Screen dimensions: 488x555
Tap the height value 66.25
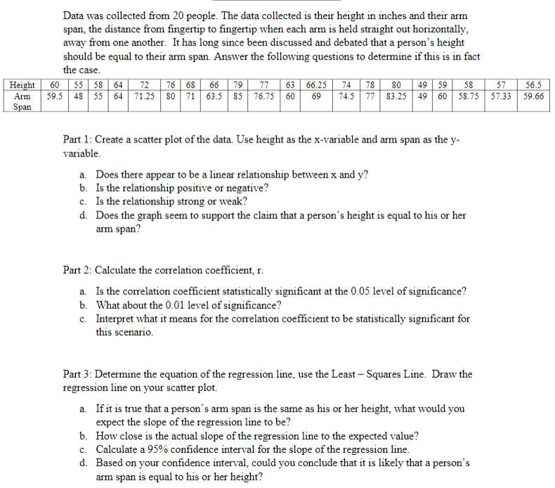tap(317, 85)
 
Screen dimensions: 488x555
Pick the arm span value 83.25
tap(396, 96)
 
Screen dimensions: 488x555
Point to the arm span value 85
tap(238, 96)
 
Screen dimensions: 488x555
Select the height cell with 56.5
tap(533, 85)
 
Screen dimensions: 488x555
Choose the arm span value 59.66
tap(533, 96)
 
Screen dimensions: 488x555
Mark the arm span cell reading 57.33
tap(502, 96)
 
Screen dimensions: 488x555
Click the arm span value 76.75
tap(264, 96)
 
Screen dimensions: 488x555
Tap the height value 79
tap(238, 85)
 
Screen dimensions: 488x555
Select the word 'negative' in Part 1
tap(249, 187)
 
